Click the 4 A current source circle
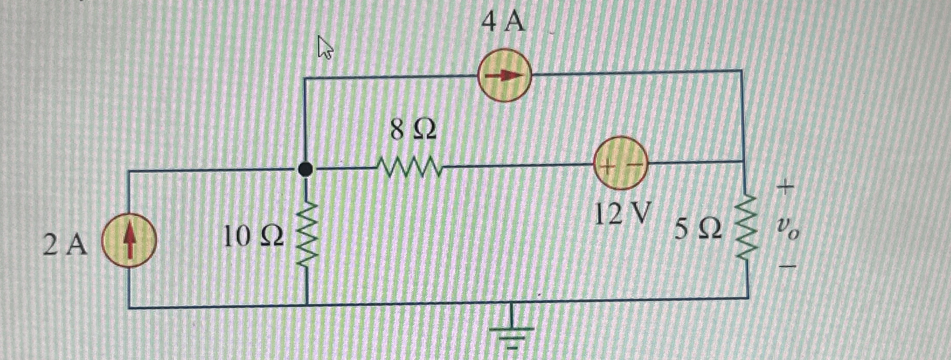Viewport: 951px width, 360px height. click(504, 75)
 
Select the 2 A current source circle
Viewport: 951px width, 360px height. click(129, 240)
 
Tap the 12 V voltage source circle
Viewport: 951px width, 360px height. click(620, 163)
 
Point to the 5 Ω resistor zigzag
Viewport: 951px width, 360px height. click(746, 228)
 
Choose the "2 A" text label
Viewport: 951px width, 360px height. click(65, 245)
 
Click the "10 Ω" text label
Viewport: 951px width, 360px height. click(253, 236)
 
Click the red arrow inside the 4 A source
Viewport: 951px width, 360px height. click(504, 76)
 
